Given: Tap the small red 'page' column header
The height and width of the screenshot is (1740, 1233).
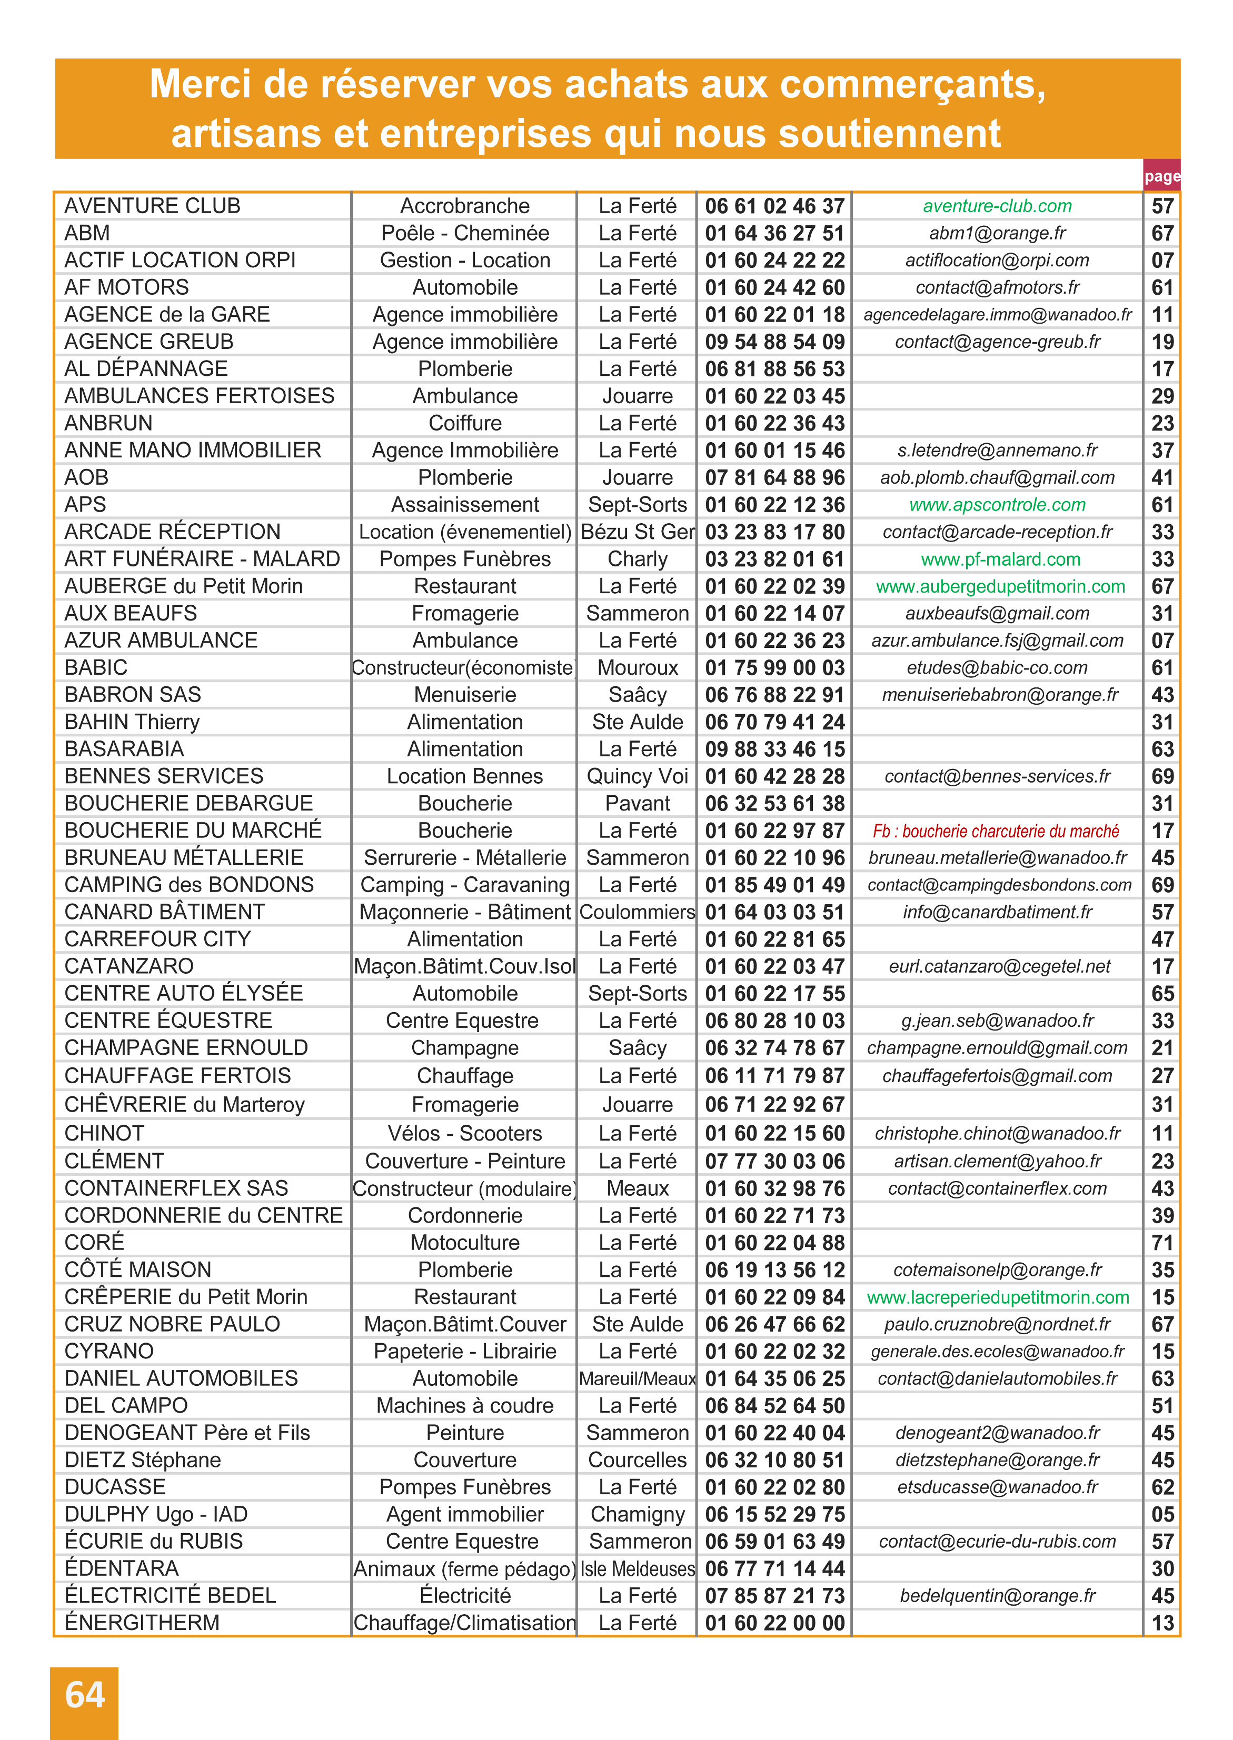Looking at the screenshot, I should click(x=1161, y=176).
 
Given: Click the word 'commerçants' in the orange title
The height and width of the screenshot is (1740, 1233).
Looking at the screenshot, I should click(x=912, y=84).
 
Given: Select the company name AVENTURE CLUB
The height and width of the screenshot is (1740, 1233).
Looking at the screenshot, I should click(x=152, y=206).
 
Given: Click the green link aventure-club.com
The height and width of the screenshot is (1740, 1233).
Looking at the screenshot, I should click(x=997, y=206).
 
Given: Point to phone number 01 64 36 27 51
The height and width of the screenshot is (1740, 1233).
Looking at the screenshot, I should click(x=774, y=233).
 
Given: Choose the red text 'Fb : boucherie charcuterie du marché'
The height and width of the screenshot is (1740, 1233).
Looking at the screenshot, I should click(x=996, y=831).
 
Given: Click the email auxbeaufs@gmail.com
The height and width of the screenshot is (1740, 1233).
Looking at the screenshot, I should click(x=997, y=613).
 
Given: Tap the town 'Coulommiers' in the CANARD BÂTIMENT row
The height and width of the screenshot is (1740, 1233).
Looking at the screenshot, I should click(x=637, y=912).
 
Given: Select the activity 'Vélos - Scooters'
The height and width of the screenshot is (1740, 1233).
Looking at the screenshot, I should click(x=465, y=1133).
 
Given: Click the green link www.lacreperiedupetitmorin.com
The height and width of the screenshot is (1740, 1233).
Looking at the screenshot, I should click(x=998, y=1297).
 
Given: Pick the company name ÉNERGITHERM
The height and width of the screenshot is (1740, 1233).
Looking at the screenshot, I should click(x=142, y=1623).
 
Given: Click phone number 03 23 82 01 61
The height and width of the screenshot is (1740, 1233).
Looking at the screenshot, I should click(x=774, y=559).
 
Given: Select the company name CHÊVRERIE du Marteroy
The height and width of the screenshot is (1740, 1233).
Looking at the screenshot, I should click(x=184, y=1104).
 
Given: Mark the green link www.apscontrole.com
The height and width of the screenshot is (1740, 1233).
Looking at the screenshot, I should click(x=997, y=505).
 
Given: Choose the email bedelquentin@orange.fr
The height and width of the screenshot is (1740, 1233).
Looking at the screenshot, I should click(x=997, y=1595).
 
